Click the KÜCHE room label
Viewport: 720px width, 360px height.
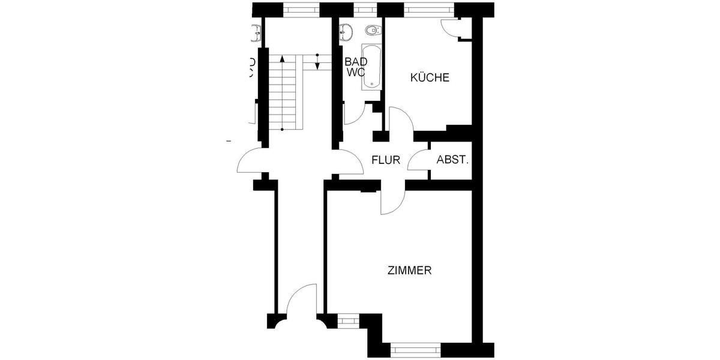tap(429, 77)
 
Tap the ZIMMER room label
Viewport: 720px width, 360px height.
tap(410, 271)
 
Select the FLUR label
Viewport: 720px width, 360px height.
tap(385, 160)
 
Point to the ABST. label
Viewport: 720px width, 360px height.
tap(452, 160)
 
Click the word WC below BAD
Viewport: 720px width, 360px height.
tap(355, 72)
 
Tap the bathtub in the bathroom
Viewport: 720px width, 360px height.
tap(371, 67)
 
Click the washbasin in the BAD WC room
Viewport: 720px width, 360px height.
tap(347, 32)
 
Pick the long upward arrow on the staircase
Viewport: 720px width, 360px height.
tap(282, 90)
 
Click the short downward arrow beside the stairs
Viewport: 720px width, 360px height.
tap(317, 61)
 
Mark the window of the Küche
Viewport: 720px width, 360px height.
tap(429, 10)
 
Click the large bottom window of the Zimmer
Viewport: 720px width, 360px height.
tap(415, 350)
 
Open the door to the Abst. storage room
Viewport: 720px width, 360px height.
tap(418, 158)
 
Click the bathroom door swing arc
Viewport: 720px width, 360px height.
tap(353, 114)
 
